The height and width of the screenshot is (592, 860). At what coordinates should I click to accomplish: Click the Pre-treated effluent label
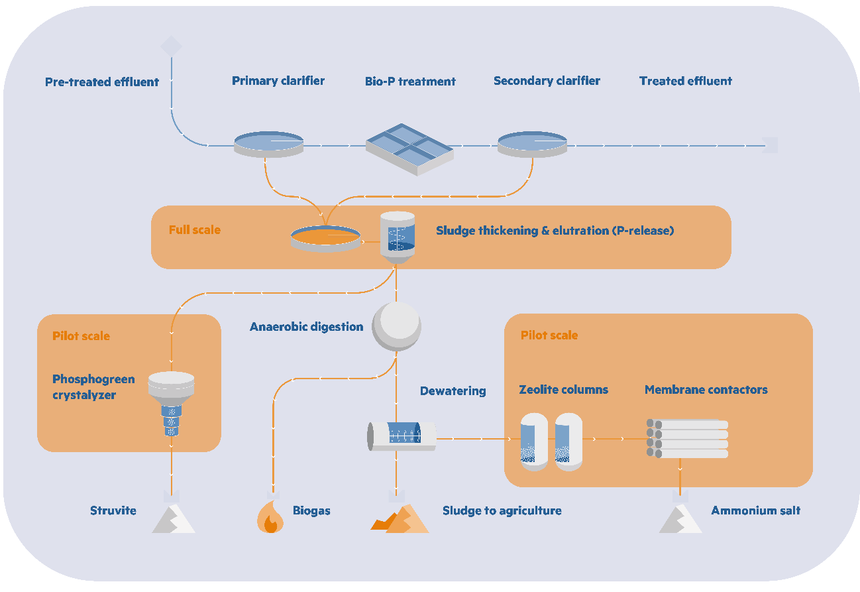[x=102, y=82]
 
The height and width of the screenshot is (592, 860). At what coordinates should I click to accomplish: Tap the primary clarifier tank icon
[x=268, y=143]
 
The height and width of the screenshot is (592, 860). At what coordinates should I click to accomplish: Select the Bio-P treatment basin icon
[x=410, y=148]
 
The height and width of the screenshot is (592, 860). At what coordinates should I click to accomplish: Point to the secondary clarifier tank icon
[x=532, y=143]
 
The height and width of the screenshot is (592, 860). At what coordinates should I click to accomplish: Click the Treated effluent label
[x=685, y=82]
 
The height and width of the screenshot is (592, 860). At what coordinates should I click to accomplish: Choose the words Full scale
[x=195, y=230]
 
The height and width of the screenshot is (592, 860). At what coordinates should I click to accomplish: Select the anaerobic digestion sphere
[x=396, y=326]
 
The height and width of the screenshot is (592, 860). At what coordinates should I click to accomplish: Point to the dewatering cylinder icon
[x=402, y=436]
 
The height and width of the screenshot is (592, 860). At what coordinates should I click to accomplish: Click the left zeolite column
[x=534, y=442]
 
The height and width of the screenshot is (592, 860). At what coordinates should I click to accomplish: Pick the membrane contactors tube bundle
[x=686, y=439]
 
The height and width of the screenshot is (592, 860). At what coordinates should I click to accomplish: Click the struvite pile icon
[x=173, y=518]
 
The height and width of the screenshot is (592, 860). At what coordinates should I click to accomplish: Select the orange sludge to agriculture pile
[x=400, y=518]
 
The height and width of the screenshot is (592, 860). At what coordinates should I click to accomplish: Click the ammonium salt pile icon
[x=680, y=518]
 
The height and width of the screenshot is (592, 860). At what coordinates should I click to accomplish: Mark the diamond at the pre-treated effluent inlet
[x=171, y=46]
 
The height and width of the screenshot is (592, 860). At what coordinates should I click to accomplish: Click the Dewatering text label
[x=453, y=391]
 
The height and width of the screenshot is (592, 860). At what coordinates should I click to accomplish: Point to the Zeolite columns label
[x=563, y=390]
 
